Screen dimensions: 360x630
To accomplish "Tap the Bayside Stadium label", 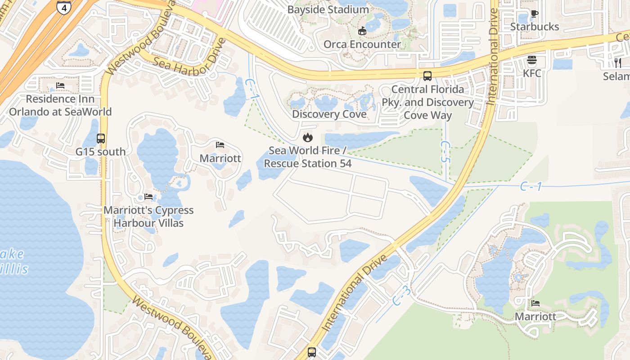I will (x=328, y=9).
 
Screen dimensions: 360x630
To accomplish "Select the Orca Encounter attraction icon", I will (x=362, y=31).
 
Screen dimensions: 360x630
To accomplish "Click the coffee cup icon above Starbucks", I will (x=534, y=14).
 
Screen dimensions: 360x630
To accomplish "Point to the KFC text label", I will (x=532, y=73).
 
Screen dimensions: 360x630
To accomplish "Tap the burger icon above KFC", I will (x=532, y=60).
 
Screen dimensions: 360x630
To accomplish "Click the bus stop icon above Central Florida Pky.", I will (x=427, y=76).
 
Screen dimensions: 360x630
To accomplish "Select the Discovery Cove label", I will (x=329, y=114).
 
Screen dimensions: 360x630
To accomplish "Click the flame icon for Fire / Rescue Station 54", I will (x=308, y=137).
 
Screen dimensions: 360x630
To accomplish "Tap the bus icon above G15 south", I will (x=101, y=139).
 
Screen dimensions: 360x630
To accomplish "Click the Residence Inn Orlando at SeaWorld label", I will (x=60, y=105).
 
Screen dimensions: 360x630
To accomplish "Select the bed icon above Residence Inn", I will (x=60, y=85).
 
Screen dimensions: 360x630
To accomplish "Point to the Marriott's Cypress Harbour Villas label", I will (x=148, y=216).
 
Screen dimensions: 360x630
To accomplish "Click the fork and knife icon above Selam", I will (x=618, y=63).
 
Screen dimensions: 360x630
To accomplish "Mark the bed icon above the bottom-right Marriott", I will (x=535, y=303).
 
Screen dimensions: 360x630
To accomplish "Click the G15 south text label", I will (x=101, y=152).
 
